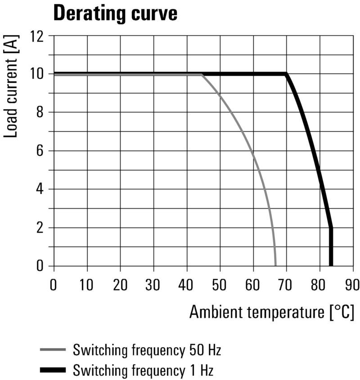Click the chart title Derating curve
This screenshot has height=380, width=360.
[115, 14]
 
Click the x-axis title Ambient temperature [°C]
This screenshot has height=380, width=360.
[271, 312]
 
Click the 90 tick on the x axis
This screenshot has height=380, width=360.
[352, 285]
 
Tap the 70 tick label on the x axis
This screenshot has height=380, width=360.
[286, 285]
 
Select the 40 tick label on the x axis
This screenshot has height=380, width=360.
[187, 285]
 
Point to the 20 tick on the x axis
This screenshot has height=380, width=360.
[120, 285]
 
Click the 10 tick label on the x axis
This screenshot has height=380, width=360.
[87, 285]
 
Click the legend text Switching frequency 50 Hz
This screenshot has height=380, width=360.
[147, 349]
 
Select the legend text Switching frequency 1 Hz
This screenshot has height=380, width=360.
[143, 371]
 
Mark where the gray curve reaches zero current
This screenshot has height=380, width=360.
[275, 266]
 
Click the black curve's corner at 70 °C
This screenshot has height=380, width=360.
[286, 74]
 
